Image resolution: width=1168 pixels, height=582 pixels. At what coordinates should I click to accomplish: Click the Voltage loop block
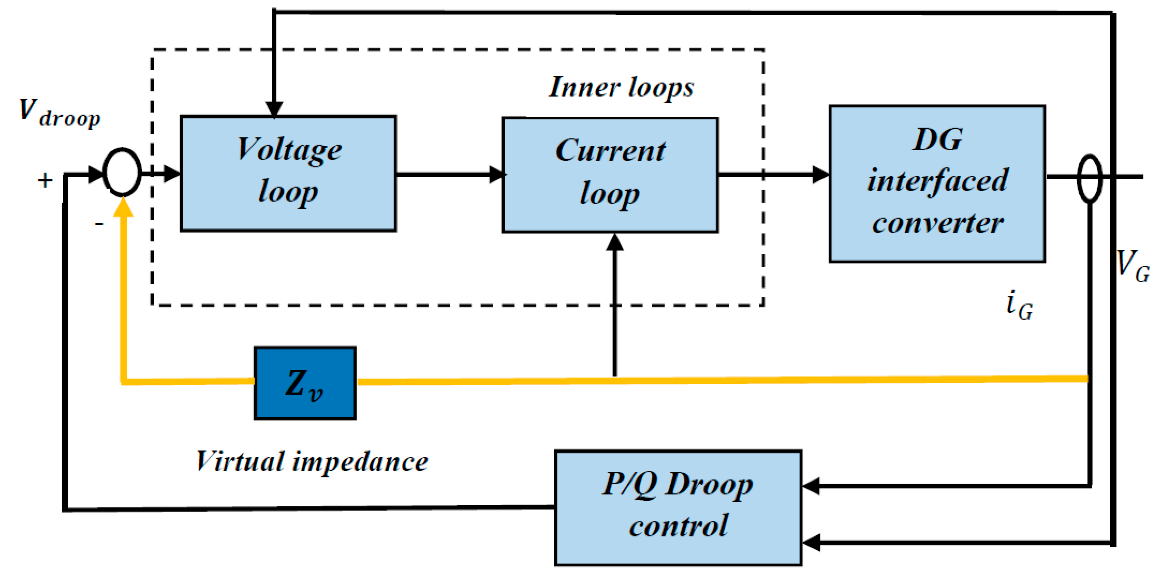[288, 173]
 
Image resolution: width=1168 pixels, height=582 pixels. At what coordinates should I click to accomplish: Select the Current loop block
[610, 175]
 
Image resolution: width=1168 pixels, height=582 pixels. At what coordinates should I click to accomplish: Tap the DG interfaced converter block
[937, 184]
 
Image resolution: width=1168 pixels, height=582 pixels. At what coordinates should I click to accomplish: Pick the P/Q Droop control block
[678, 507]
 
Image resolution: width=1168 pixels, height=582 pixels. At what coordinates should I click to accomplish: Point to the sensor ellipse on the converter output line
[1089, 178]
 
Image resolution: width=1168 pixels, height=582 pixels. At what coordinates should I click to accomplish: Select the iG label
[1019, 305]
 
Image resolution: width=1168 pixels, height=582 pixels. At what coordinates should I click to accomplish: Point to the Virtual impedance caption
[312, 462]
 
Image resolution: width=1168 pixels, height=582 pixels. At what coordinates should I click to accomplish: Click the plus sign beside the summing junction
[45, 181]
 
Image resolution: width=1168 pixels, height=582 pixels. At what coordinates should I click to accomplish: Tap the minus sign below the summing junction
[99, 224]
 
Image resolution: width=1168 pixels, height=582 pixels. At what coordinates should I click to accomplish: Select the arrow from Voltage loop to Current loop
[449, 174]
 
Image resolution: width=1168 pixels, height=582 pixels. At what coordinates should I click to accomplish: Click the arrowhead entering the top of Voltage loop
[274, 109]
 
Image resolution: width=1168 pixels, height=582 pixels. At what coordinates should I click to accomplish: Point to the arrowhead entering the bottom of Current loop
[614, 242]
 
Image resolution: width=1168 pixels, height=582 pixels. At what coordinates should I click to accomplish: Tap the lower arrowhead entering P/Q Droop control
[811, 542]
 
